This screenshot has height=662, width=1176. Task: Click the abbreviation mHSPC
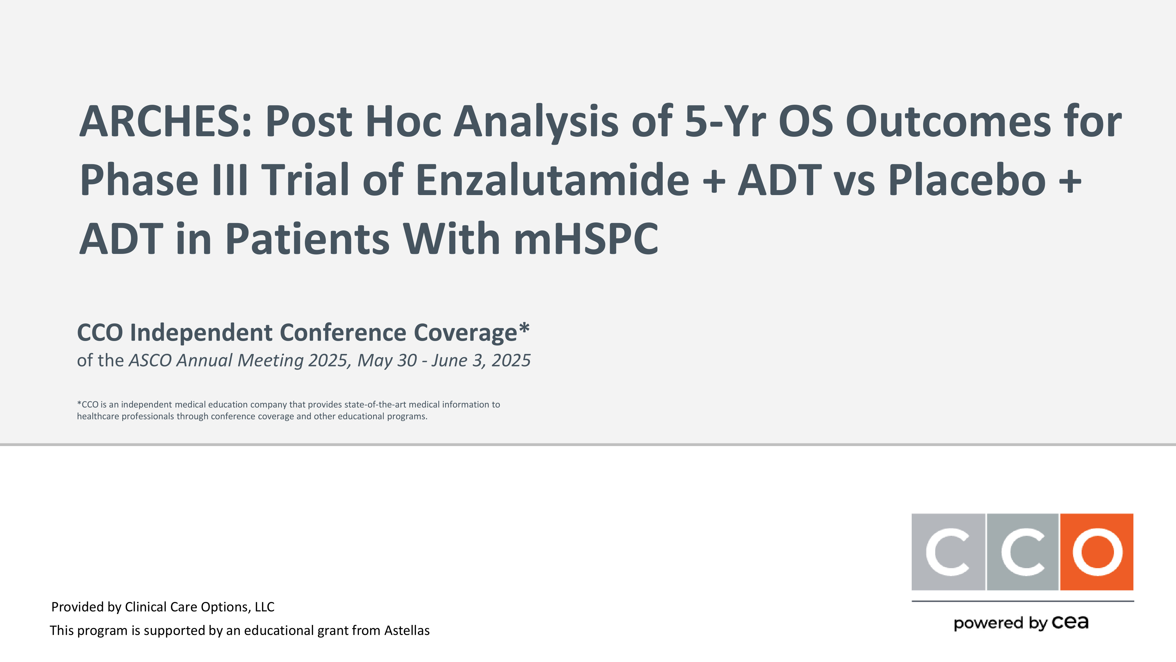click(586, 239)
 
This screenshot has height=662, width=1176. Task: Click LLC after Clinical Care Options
click(265, 607)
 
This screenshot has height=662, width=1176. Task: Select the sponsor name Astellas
click(407, 631)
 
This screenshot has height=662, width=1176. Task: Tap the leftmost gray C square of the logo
click(948, 552)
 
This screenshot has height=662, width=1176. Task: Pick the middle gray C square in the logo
click(1023, 552)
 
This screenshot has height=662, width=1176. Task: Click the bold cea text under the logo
click(1070, 622)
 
